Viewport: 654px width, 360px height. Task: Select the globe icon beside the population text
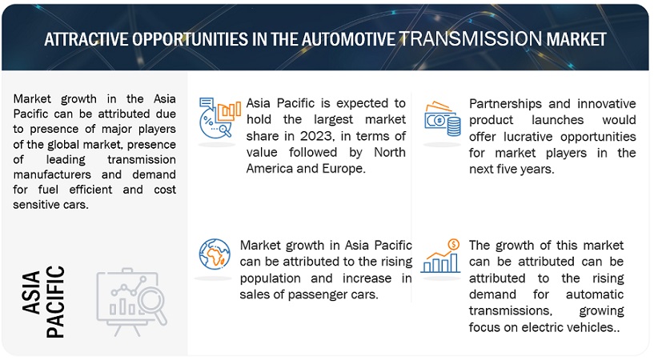(x=215, y=254)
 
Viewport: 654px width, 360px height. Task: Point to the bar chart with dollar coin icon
(x=440, y=256)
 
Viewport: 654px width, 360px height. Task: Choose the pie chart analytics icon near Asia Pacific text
(x=220, y=118)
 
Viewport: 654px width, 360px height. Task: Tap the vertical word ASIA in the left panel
(x=32, y=293)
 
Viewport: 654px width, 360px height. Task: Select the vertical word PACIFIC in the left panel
(x=55, y=302)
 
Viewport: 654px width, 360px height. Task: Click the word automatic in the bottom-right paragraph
(x=594, y=294)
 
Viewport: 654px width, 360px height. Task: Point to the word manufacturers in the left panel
(x=52, y=174)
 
